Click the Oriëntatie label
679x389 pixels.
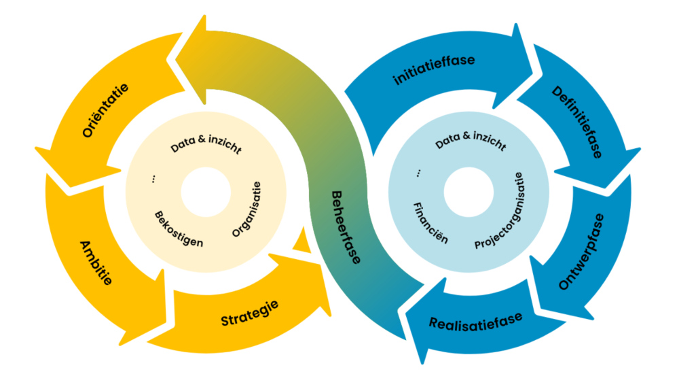coord(106,112)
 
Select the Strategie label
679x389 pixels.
coord(249,312)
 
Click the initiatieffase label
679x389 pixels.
coord(435,69)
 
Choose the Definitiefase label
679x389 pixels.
coord(576,122)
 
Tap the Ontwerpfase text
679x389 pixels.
coord(582,252)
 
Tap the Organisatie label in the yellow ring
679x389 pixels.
coord(245,209)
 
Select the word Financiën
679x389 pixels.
coord(430,222)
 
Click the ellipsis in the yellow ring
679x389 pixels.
coord(154,180)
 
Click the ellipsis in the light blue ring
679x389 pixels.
coord(417,175)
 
